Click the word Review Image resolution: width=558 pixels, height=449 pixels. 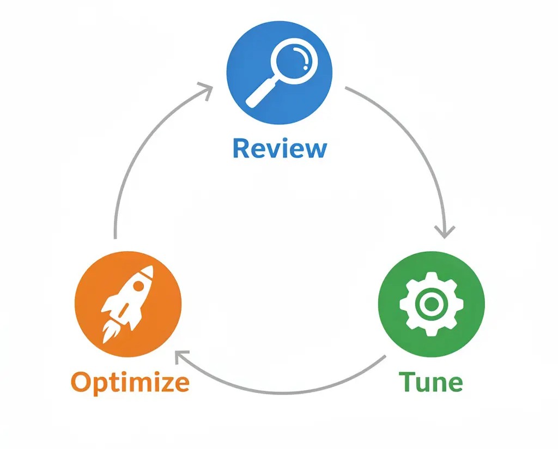(280, 148)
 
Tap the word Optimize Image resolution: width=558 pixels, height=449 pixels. (130, 382)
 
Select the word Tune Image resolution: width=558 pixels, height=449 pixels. (430, 382)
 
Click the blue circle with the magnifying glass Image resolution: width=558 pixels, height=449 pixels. (280, 71)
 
